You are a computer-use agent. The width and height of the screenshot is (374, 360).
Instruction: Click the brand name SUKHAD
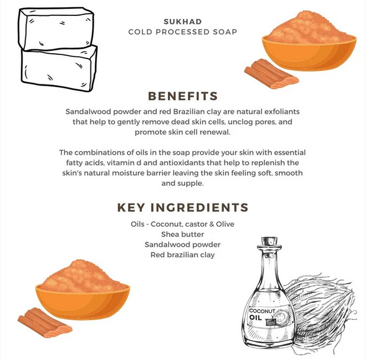pyautogui.click(x=183, y=22)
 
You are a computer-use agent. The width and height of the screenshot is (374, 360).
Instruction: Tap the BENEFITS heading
pyautogui.click(x=183, y=96)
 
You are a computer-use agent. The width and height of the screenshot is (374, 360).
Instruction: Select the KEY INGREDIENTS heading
pyautogui.click(x=183, y=207)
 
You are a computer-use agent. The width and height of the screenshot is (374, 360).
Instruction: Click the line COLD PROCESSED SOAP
pyautogui.click(x=183, y=32)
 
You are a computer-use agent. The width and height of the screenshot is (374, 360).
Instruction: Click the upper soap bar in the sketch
pyautogui.click(x=56, y=28)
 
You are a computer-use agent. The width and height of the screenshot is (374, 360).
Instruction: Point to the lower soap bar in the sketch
pyautogui.click(x=59, y=68)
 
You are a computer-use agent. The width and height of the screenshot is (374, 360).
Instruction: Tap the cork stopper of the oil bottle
pyautogui.click(x=269, y=241)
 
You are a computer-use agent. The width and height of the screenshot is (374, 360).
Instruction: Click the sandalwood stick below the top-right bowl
pyautogui.click(x=271, y=74)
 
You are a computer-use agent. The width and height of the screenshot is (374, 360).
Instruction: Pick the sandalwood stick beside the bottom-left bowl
pyautogui.click(x=45, y=323)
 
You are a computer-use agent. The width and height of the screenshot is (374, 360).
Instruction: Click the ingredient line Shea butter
pyautogui.click(x=183, y=234)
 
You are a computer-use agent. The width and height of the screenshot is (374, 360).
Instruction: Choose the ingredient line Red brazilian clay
pyautogui.click(x=183, y=255)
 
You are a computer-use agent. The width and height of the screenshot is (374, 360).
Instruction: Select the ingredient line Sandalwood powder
pyautogui.click(x=183, y=245)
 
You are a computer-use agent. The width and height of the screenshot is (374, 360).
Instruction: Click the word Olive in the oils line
pyautogui.click(x=225, y=224)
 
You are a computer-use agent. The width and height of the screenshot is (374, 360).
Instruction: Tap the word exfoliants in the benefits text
pyautogui.click(x=282, y=112)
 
